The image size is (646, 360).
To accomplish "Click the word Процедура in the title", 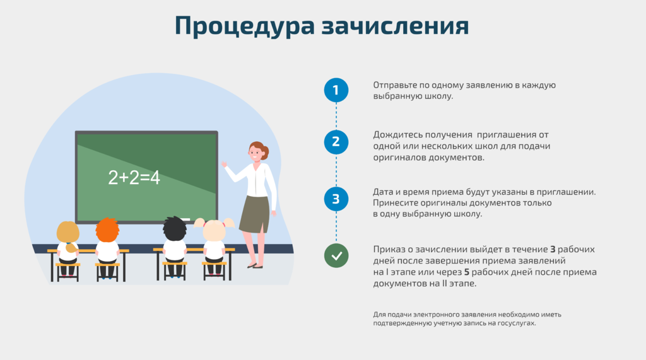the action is [x=245, y=26].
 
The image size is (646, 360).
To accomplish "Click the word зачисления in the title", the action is [x=395, y=26].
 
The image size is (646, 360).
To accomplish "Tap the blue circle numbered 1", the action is [x=336, y=90].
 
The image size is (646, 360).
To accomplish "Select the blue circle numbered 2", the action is [x=336, y=142].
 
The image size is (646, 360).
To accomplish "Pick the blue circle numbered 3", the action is [x=336, y=199].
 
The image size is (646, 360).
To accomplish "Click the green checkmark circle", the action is [x=336, y=256].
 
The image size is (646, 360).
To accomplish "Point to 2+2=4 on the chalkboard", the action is [x=134, y=178].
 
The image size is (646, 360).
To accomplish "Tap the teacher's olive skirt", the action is [x=255, y=214].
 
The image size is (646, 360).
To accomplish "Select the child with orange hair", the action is [x=107, y=247].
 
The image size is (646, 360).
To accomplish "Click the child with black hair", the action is [x=175, y=247].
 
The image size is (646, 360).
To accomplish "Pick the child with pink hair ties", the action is [x=214, y=247].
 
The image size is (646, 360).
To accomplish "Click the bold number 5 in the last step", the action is [x=467, y=272].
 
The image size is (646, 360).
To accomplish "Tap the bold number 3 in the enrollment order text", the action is [x=553, y=250].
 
